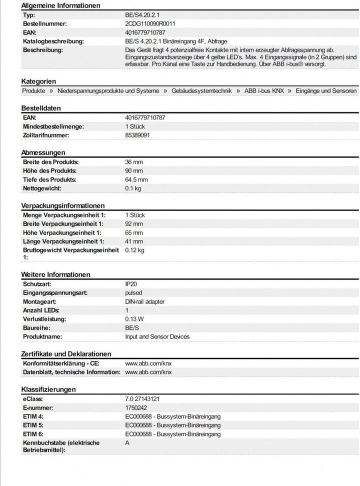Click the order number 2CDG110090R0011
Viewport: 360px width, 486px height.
pos(149,23)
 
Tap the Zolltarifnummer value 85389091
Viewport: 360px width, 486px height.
pos(136,135)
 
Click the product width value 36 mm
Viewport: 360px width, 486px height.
pos(133,162)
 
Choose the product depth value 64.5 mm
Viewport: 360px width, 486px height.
pos(136,179)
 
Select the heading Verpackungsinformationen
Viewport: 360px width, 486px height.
pos(63,205)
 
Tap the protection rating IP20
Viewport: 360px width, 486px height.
pos(130,283)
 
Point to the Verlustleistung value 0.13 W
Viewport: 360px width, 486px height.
pos(134,319)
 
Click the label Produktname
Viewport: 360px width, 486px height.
pos(42,336)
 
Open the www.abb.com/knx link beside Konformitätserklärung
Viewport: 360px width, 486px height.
pos(148,363)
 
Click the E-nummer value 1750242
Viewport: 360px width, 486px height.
pos(135,407)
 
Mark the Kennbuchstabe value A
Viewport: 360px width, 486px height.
pos(127,442)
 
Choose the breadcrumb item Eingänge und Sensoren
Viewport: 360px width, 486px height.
pos(326,90)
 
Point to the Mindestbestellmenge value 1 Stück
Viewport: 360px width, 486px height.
pos(135,126)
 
